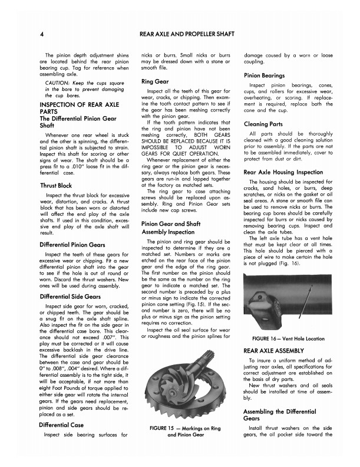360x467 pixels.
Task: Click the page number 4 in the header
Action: click(x=42, y=35)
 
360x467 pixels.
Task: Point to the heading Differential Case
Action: click(x=61, y=425)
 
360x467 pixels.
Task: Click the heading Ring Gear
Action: click(x=156, y=81)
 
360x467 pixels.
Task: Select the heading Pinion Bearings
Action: click(x=265, y=75)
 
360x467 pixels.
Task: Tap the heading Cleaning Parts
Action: click(x=263, y=124)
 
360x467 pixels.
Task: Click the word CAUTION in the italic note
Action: click(x=58, y=83)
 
